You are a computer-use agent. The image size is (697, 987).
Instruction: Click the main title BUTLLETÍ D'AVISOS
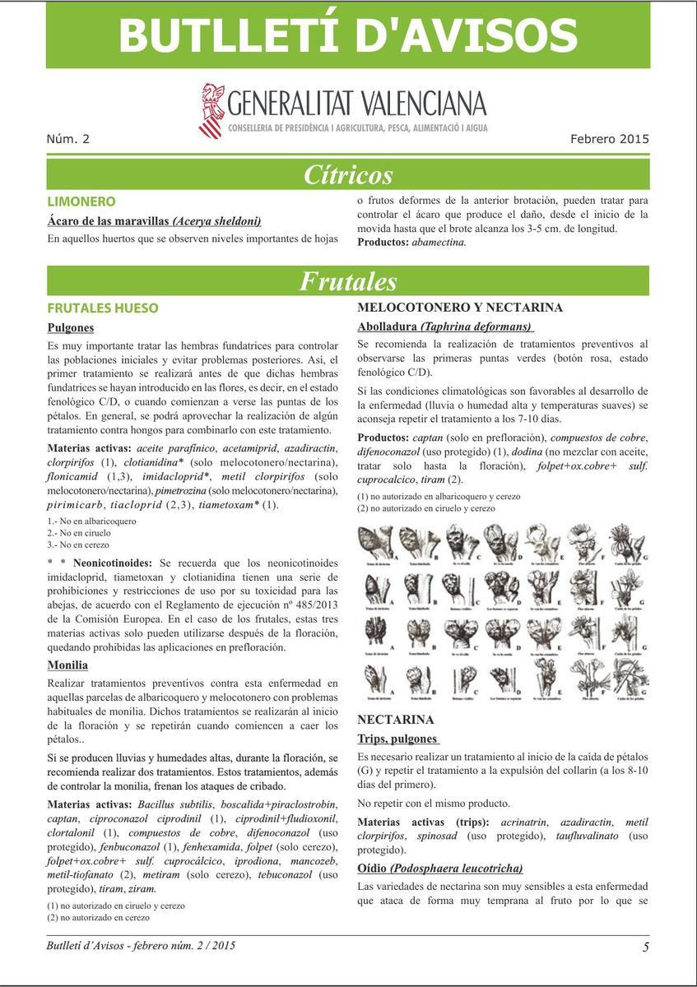348,35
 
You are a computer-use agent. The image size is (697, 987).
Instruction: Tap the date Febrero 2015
609,138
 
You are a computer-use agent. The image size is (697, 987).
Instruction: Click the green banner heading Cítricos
348,175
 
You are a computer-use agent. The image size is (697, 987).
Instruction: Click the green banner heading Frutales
348,281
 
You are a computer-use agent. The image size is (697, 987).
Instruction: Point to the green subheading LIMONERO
81,202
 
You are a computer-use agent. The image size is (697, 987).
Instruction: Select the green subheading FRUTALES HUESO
103,308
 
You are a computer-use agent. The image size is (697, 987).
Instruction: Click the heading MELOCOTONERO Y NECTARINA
460,308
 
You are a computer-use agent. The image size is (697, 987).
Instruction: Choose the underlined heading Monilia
67,665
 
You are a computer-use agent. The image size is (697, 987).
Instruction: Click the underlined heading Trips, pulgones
397,739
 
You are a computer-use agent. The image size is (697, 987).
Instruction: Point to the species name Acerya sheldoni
216,220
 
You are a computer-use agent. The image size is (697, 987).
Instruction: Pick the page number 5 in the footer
646,947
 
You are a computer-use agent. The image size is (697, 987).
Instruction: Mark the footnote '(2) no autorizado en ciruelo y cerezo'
426,508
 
